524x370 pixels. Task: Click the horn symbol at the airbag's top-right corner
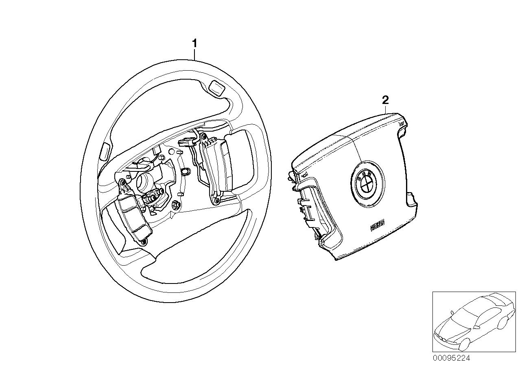tap(402, 123)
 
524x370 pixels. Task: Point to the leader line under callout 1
tap(195, 54)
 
